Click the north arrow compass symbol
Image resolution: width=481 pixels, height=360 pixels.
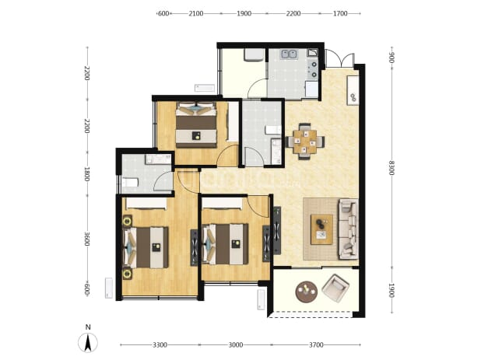[88, 342]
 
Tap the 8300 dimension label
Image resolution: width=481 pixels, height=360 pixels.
[391, 168]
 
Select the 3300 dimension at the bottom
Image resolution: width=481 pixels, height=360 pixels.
[160, 345]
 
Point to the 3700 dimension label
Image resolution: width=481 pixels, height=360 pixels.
[316, 345]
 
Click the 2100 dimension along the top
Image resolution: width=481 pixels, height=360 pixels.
[195, 13]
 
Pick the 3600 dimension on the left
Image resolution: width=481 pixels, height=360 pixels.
[87, 239]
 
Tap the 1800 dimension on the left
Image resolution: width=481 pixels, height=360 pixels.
[87, 173]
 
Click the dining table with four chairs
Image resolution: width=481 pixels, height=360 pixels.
[304, 142]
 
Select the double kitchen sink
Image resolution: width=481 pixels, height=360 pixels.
[289, 54]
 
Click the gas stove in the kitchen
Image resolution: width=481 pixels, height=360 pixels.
[314, 69]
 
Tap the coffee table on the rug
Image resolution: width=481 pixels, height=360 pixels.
[321, 229]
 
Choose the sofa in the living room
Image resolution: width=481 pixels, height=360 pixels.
[348, 229]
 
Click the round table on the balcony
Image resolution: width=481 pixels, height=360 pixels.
[307, 292]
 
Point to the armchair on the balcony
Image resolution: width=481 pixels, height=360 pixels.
[335, 288]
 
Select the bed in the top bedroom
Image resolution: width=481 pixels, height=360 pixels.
[196, 124]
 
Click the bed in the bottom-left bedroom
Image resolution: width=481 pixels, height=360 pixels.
[146, 247]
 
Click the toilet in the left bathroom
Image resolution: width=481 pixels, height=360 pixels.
[130, 183]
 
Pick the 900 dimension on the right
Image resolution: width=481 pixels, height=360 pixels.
[391, 58]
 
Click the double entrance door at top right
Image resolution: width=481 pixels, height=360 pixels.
[340, 59]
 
